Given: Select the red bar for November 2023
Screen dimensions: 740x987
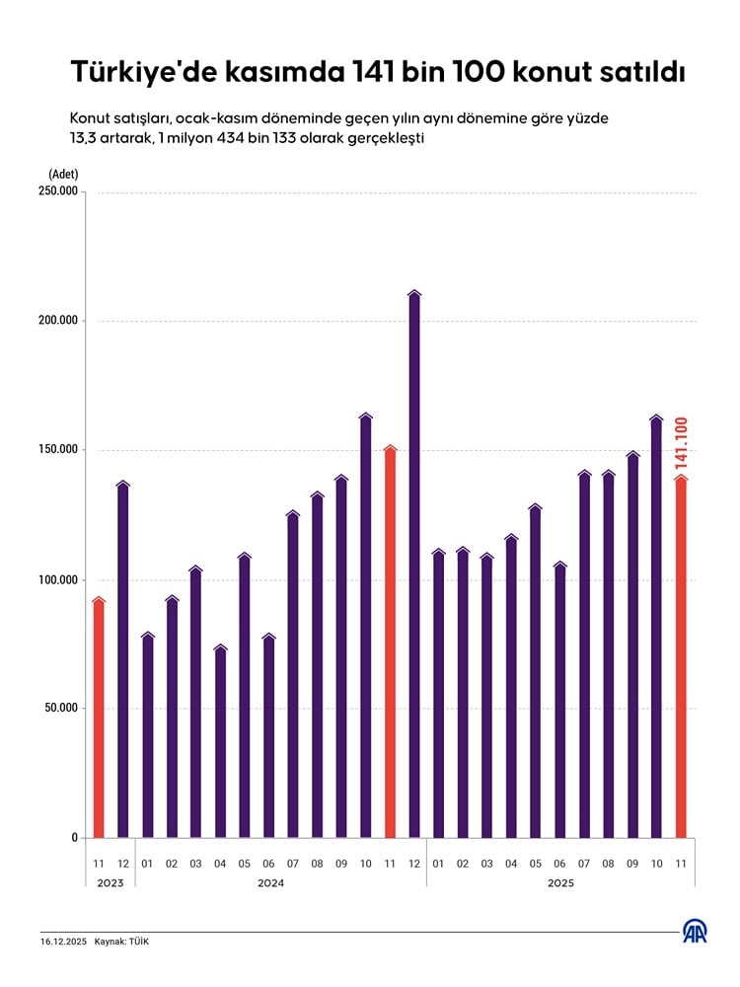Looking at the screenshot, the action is pos(99,718).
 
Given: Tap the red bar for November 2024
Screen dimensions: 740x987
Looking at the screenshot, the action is pos(390,642).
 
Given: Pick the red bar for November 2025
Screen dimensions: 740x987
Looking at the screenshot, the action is pos(681,656).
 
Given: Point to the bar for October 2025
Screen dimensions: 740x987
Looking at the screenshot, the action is pos(657,627).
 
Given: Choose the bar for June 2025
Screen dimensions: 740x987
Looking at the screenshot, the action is pos(560,700).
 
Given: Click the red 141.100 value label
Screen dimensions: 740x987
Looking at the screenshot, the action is pos(681,442).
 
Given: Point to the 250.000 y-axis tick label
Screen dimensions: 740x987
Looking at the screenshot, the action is pos(58,191).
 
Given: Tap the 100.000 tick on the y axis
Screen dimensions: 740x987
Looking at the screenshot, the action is pos(58,579).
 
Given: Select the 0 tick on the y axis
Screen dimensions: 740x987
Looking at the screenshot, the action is pos(74,838).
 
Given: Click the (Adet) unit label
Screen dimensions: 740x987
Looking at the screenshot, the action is pos(63,175).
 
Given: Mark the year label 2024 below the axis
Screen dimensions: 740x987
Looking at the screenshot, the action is pos(270,883).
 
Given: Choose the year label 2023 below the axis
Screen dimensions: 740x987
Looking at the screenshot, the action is pos(111,883).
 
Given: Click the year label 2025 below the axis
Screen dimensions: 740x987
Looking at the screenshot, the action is pos(560,883).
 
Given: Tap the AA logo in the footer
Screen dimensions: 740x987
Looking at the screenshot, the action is pos(696,932).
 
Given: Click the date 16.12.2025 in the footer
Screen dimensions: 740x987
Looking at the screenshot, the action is pos(63,942).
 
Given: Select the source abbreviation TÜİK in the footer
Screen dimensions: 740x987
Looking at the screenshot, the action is pos(139,942).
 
